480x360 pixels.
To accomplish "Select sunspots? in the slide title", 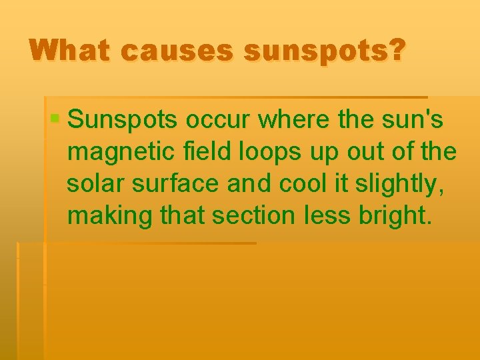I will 324,51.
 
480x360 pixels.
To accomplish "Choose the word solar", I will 93,184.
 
